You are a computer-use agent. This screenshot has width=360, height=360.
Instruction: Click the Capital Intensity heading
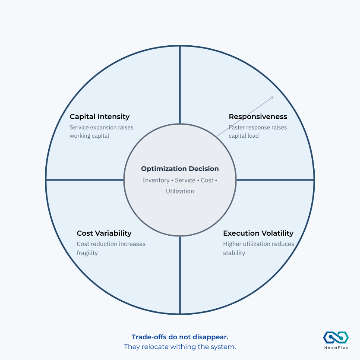(100, 117)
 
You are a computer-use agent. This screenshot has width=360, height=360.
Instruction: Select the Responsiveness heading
(258, 117)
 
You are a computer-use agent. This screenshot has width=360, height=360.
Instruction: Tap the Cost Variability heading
(104, 233)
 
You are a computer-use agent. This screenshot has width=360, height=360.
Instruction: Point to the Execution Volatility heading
(258, 233)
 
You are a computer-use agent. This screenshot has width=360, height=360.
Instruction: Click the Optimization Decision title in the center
(180, 169)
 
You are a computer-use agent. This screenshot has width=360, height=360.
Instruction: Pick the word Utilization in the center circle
(180, 191)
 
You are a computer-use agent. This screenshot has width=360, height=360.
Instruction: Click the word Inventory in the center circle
(156, 180)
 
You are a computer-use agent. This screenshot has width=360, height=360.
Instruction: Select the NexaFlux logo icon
(336, 337)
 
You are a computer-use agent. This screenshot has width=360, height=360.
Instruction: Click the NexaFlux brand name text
(336, 348)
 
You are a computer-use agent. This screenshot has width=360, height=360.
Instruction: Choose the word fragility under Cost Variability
(87, 253)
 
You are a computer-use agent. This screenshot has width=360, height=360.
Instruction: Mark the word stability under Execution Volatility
(234, 253)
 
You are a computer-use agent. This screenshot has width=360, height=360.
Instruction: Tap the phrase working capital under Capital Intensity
(89, 136)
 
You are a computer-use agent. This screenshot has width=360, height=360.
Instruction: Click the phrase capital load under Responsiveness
(243, 136)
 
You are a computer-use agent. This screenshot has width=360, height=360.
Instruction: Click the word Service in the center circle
(185, 180)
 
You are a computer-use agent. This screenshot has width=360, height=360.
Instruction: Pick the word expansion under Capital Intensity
(104, 127)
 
